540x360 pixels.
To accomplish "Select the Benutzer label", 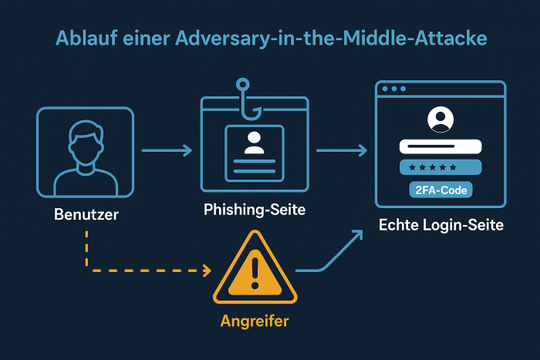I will pyautogui.click(x=86, y=214).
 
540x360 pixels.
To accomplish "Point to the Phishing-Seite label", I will pyautogui.click(x=255, y=209).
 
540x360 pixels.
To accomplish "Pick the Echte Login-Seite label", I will pyautogui.click(x=440, y=225).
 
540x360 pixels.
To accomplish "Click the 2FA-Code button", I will pyautogui.click(x=440, y=189).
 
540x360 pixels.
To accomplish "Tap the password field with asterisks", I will pyautogui.click(x=440, y=167).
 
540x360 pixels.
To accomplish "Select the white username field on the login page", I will pyautogui.click(x=440, y=146).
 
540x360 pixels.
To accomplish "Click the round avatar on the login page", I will pyautogui.click(x=440, y=119).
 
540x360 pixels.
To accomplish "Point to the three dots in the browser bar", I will pyautogui.click(x=393, y=89).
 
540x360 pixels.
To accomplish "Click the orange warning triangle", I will pyautogui.click(x=254, y=270).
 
